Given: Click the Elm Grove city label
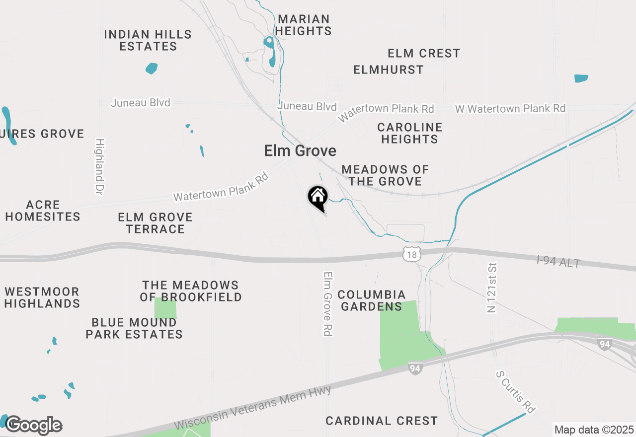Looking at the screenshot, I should (300, 151).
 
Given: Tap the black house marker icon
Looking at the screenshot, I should (318, 197).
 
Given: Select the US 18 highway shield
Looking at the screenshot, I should (411, 255).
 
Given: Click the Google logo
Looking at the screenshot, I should (34, 426).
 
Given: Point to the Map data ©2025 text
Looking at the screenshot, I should (594, 430).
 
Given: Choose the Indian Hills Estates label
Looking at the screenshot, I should (148, 40).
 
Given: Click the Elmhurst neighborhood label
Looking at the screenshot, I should (389, 70).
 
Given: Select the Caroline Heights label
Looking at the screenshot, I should (409, 134).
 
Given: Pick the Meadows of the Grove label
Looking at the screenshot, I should (385, 175).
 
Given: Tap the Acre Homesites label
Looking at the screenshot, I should (43, 211).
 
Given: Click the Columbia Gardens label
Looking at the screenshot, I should (371, 300).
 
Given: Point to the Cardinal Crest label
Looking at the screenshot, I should (382, 421).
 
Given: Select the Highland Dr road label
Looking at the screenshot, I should (99, 166).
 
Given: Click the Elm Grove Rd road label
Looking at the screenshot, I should (327, 303).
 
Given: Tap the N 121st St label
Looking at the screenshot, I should (492, 288).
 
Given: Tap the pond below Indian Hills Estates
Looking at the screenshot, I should (152, 68).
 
